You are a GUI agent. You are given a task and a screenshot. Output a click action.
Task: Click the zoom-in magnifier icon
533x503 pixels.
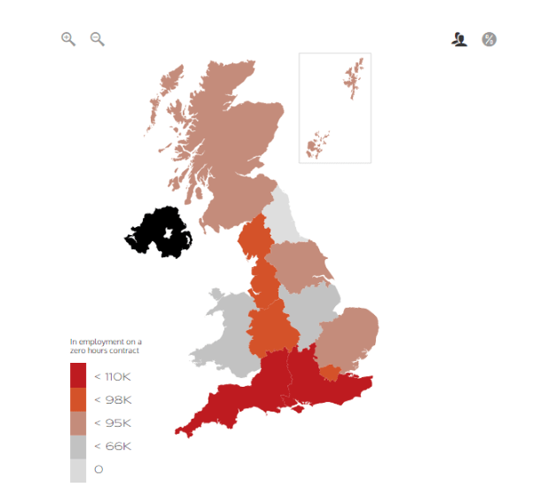coord(67,38)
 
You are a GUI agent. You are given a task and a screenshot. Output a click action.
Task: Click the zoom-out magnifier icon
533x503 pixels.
coord(97,38)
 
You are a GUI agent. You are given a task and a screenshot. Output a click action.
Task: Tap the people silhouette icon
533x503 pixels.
coord(459,39)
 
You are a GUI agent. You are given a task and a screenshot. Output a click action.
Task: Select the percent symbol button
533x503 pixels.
coord(489,39)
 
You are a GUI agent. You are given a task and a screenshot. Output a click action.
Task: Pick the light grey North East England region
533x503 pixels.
coord(282,213)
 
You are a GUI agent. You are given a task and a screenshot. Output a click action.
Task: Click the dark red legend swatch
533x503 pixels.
coord(78,376)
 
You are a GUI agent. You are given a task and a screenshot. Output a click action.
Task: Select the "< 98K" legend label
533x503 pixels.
coord(113,400)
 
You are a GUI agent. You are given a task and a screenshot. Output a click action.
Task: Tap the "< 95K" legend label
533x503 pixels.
coord(113,423)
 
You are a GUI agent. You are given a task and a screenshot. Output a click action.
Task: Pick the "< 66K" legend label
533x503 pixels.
coord(113,446)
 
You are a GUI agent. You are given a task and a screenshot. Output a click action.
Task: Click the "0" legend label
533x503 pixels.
coord(98,469)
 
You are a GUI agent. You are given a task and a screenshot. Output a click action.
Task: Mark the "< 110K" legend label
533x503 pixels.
coord(113,377)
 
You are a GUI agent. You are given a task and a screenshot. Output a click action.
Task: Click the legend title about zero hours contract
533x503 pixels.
coord(106,346)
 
